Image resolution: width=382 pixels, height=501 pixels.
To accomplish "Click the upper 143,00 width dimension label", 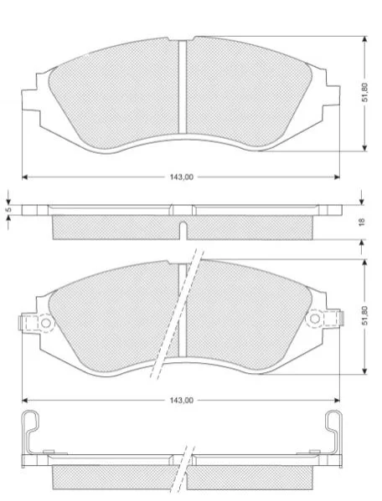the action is pyautogui.click(x=182, y=177).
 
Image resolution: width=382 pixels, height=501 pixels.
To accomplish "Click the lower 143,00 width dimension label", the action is pyautogui.click(x=182, y=401).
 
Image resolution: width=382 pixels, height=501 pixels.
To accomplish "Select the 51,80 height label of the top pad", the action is pyautogui.click(x=364, y=92).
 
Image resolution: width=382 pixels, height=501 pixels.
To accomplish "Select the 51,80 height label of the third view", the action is pyautogui.click(x=364, y=315).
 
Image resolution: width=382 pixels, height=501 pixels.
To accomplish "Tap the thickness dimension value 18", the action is pyautogui.click(x=362, y=222).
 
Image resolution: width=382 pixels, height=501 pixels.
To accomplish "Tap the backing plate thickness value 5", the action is pyautogui.click(x=9, y=210).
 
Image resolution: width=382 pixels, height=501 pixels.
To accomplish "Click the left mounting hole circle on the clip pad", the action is pyautogui.click(x=46, y=323).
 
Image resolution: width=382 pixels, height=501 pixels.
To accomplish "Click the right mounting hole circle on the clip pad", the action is pyautogui.click(x=314, y=319).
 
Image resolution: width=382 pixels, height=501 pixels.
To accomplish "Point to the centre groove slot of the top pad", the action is pyautogui.click(x=183, y=87).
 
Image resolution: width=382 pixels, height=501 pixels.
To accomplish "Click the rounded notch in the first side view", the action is pyautogui.click(x=183, y=230).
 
